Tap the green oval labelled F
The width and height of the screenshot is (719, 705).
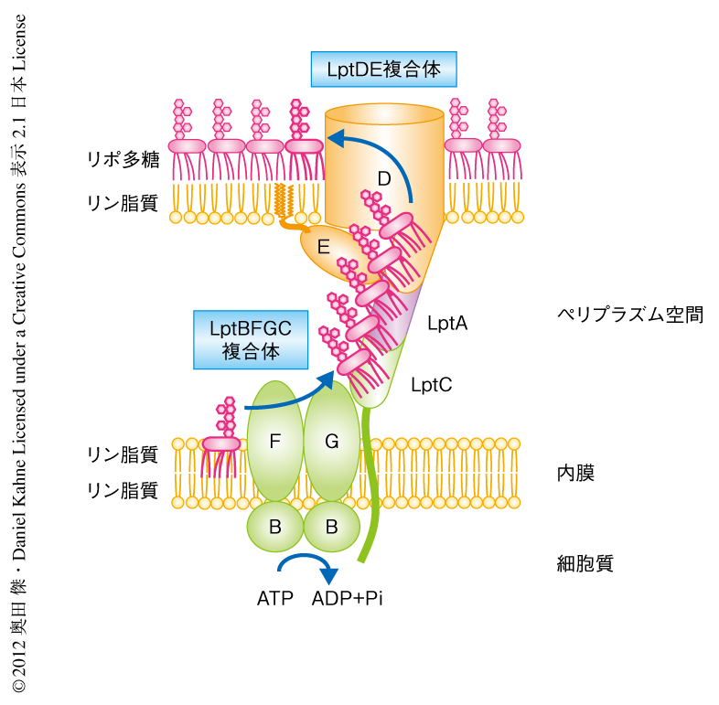(x=274, y=442)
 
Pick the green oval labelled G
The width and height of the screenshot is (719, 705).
(x=331, y=442)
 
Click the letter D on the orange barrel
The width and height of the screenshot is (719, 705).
(x=383, y=179)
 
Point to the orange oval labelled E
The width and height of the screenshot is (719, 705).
(x=323, y=247)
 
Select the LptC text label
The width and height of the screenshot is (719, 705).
(x=431, y=385)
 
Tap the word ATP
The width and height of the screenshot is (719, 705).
(x=275, y=599)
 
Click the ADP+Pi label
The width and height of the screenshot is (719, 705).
(x=347, y=599)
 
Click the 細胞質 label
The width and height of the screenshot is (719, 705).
(x=585, y=562)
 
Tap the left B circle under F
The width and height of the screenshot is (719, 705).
(x=274, y=528)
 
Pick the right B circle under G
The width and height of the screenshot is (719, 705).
(x=331, y=528)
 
